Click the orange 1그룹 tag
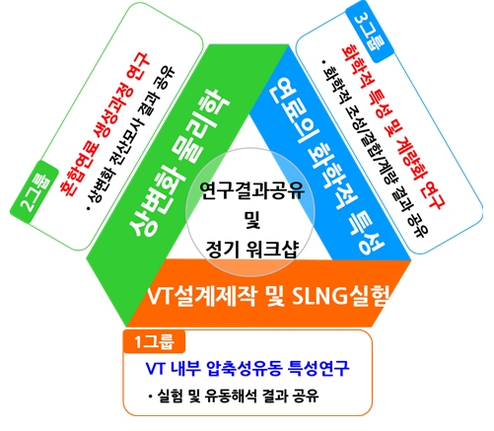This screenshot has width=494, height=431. coord(154,341)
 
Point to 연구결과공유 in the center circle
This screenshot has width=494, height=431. coord(251,190)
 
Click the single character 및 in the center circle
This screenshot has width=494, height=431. coord(252,220)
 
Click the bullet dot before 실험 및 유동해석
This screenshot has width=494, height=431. coord(150,396)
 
